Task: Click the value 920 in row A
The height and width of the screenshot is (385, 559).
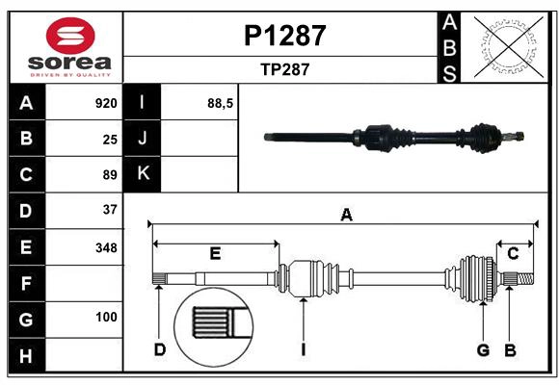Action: pyautogui.click(x=106, y=103)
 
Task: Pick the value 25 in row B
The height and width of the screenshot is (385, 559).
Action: pyautogui.click(x=110, y=139)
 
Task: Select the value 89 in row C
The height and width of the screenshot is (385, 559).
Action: pyautogui.click(x=110, y=175)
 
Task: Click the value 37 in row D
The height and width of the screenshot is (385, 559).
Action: pyautogui.click(x=110, y=210)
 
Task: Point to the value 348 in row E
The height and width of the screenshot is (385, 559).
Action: pyautogui.click(x=106, y=246)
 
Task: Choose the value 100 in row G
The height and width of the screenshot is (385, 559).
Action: pyautogui.click(x=106, y=317)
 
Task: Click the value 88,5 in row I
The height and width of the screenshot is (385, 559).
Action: pyautogui.click(x=221, y=103)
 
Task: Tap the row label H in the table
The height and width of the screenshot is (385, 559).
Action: pyautogui.click(x=26, y=356)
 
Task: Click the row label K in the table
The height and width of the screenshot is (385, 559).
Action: pyautogui.click(x=144, y=174)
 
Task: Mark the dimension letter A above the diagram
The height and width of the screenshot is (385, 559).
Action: pyautogui.click(x=345, y=216)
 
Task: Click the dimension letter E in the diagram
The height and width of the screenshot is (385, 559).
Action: pyautogui.click(x=215, y=254)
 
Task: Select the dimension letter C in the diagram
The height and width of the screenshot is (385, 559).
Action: pyautogui.click(x=514, y=253)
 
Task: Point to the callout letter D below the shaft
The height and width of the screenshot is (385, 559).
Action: pyautogui.click(x=160, y=349)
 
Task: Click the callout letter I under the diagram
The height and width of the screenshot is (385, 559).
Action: pyautogui.click(x=303, y=349)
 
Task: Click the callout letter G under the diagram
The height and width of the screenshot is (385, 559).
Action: pyautogui.click(x=484, y=349)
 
